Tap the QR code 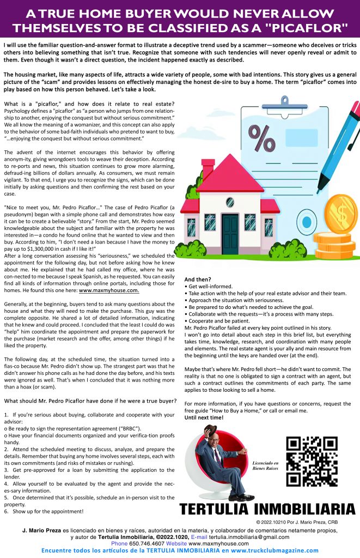point(312,461)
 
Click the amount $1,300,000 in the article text point(44,248)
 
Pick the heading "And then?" point(198,279)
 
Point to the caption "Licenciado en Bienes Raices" point(265,464)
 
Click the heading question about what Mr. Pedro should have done point(90,401)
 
